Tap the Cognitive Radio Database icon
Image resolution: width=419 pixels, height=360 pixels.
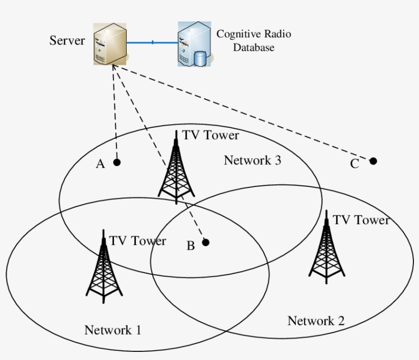[194, 44]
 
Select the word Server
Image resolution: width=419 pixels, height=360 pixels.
[67, 40]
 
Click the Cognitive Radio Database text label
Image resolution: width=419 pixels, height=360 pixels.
[253, 41]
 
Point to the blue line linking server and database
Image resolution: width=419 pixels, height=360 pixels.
[152, 43]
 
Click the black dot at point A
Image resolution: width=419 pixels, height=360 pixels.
[117, 162]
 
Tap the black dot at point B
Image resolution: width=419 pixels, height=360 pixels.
[205, 243]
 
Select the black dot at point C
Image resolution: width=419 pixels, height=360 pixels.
[373, 161]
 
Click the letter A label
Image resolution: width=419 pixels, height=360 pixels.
[100, 164]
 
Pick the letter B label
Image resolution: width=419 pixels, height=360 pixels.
[190, 246]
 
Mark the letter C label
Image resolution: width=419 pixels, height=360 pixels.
[354, 164]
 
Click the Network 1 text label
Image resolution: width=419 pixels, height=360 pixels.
[112, 330]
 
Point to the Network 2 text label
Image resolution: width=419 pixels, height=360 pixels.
[316, 321]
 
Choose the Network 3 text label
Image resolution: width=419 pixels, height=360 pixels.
[252, 160]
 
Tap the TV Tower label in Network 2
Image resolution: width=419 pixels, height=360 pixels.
[361, 220]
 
